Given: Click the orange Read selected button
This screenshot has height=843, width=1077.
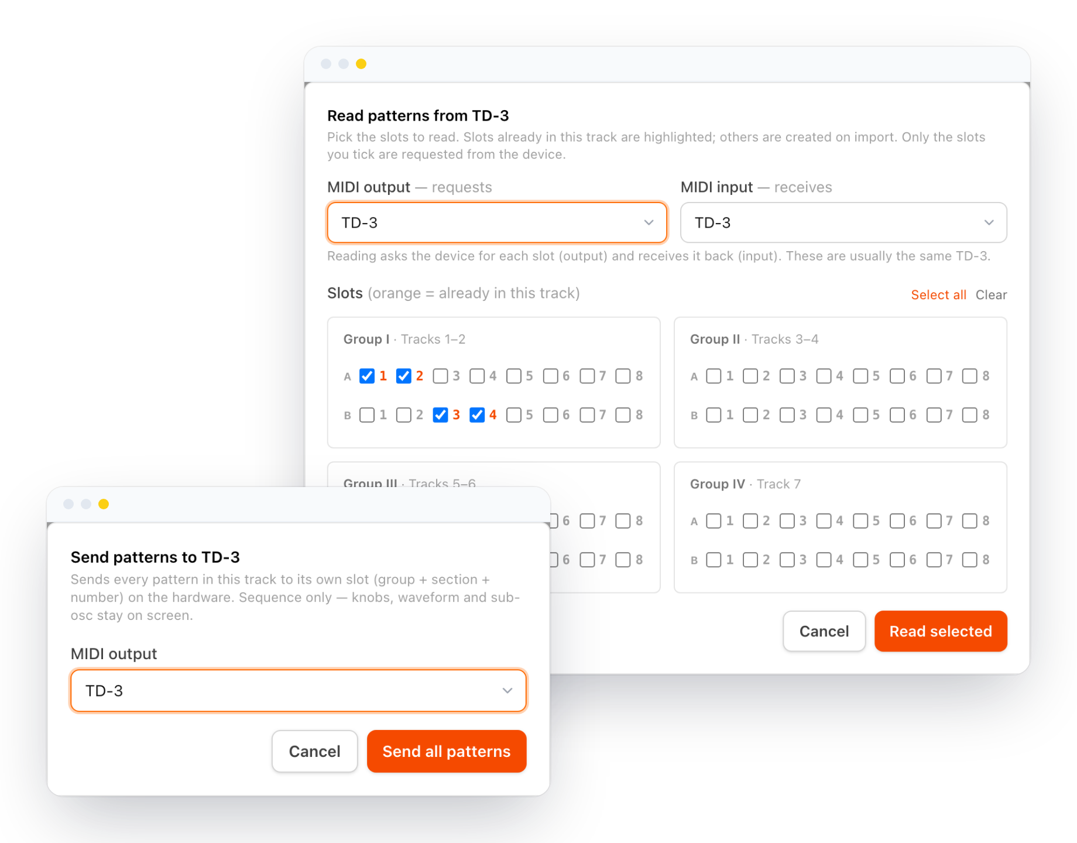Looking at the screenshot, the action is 940,631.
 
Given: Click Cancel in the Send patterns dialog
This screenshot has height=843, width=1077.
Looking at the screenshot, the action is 315,751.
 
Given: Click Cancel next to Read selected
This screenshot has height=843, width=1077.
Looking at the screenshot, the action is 824,631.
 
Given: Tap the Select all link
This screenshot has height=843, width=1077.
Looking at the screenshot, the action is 938,294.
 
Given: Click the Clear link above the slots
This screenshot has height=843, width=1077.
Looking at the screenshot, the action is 991,294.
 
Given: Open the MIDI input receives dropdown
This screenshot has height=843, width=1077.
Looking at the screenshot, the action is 843,222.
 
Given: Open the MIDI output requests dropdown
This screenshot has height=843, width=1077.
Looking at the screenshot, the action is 497,222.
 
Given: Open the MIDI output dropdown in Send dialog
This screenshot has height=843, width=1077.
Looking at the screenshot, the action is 299,691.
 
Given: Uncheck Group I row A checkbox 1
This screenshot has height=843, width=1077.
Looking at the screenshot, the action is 367,376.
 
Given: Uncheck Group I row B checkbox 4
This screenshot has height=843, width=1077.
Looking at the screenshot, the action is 477,415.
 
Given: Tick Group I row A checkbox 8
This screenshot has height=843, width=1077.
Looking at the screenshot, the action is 623,376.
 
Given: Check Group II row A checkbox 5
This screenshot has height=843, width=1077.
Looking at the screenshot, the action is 860,376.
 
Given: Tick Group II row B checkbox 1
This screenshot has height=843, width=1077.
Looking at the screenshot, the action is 714,415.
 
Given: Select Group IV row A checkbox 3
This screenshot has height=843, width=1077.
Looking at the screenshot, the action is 787,521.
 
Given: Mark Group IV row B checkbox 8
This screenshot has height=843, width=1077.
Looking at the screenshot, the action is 970,560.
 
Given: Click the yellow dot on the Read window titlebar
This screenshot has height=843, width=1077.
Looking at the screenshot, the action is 361,64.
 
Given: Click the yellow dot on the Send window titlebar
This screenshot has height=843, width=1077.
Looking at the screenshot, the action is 104,504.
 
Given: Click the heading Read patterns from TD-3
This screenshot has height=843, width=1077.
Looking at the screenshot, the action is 418,115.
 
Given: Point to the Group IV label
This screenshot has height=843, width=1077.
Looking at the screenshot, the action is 717,484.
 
